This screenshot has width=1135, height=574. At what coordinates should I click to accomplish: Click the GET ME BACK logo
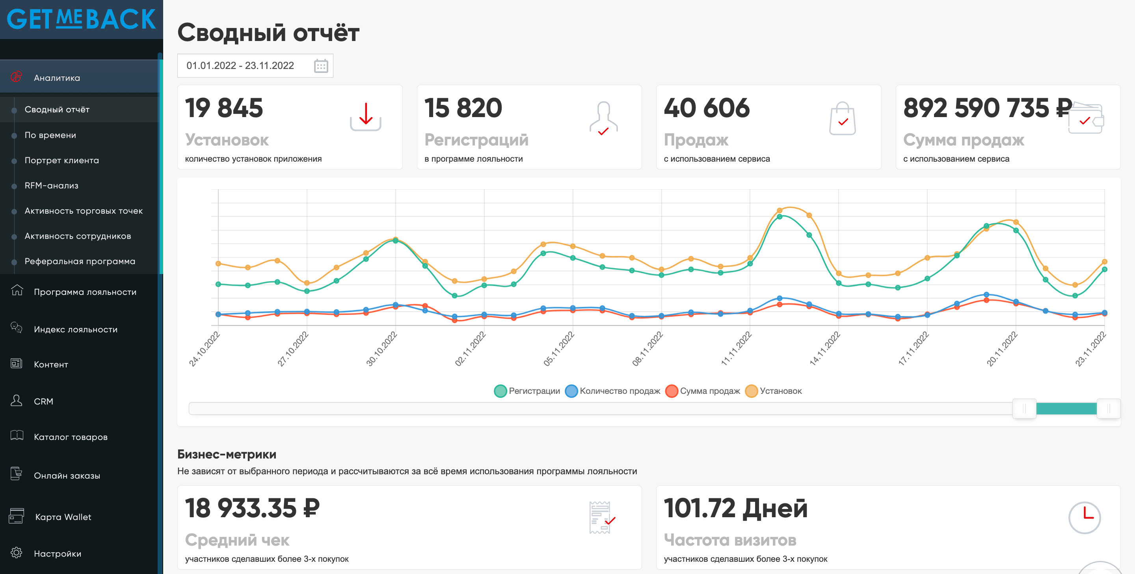pos(82,19)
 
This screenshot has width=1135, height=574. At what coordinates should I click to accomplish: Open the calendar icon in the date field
pos(321,66)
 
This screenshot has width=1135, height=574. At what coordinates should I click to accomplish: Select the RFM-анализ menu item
pos(51,186)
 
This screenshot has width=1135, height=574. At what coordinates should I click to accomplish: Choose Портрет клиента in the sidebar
pos(62,160)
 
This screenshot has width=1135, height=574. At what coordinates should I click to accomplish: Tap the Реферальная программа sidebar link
pos(80,261)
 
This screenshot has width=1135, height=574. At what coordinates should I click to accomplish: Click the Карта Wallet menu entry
pos(63,517)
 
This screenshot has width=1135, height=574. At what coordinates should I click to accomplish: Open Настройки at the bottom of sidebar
pos(57,554)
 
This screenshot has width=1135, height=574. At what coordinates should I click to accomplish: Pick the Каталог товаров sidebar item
pos(71,437)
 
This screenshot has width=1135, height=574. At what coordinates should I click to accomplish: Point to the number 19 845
pos(224,108)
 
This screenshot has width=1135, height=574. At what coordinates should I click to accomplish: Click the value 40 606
pos(706,108)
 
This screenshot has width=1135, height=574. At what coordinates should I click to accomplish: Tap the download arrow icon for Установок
pos(366,117)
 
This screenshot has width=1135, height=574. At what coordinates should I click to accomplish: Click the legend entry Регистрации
pos(527,391)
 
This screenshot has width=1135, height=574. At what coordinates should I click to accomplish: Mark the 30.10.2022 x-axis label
pos(381,349)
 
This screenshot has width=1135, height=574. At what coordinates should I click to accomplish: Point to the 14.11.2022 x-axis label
pos(825,349)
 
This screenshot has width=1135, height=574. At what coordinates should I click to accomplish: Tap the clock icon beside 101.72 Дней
pos(1084,518)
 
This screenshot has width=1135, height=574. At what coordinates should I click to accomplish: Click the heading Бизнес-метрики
pos(227,454)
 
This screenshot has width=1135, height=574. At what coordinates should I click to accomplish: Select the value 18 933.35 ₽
pos(252,508)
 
